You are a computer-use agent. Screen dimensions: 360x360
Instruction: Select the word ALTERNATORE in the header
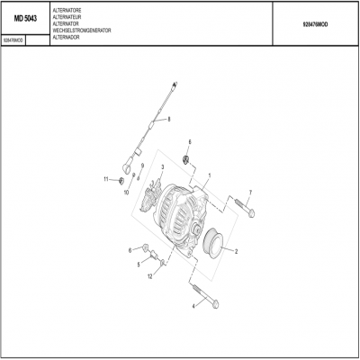tap(67, 7)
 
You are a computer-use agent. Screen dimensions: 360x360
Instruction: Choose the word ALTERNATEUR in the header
tap(68, 14)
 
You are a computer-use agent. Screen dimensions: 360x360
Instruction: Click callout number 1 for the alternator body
tap(210, 175)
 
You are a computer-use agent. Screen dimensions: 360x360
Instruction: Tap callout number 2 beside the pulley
tap(236, 251)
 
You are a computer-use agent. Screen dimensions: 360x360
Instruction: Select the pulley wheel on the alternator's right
tap(215, 242)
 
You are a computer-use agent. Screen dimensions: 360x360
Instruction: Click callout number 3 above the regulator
tap(161, 167)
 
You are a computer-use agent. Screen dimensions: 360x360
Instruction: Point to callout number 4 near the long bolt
tap(193, 306)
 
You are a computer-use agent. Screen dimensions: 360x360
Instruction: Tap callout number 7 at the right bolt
tap(250, 193)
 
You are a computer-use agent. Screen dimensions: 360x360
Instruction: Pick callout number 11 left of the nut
tap(105, 179)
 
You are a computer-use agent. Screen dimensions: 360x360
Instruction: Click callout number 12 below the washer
tap(149, 276)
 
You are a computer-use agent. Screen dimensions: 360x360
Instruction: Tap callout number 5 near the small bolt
tap(139, 265)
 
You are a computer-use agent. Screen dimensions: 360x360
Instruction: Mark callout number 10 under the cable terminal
tap(126, 193)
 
